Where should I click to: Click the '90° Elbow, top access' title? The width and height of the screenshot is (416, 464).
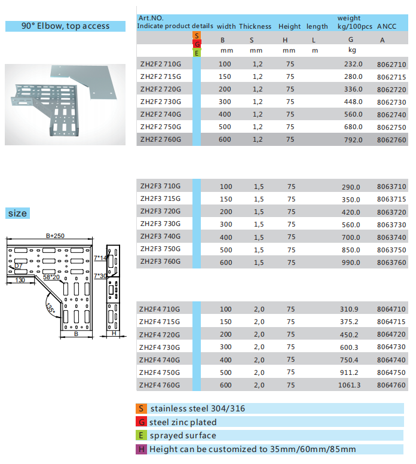[66, 26]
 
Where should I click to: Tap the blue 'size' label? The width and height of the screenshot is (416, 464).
[17, 213]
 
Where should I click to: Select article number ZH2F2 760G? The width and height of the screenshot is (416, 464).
[160, 139]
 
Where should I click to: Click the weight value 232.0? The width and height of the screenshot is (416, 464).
[353, 64]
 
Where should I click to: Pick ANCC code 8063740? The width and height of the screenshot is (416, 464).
[391, 237]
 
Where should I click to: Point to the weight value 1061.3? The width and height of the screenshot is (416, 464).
[350, 385]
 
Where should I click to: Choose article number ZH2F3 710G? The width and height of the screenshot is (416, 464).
[160, 187]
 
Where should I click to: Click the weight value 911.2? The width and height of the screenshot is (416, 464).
[351, 373]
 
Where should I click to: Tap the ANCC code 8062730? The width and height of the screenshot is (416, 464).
[391, 102]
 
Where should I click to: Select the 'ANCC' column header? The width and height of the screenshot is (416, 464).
[387, 26]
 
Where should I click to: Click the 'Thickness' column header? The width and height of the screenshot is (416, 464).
[255, 26]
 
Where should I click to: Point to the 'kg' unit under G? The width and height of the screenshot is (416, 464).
[351, 50]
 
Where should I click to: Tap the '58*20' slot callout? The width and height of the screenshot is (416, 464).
[51, 277]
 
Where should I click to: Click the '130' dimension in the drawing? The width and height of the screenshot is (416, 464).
[20, 280]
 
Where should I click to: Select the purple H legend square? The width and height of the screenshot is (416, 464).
[142, 449]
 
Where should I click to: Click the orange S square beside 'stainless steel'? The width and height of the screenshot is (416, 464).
[142, 408]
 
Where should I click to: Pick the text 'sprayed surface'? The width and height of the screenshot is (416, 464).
[183, 436]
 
